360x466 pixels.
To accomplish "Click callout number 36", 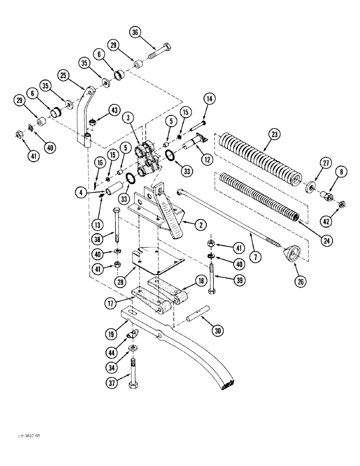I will point(135,33).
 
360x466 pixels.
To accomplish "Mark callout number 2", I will point(201,225).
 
